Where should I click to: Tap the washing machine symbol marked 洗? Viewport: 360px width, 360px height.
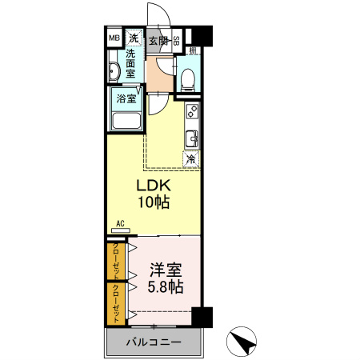(x=134, y=38)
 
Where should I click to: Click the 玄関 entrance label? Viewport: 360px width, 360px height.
(x=157, y=40)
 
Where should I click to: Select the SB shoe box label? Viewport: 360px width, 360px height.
(x=176, y=40)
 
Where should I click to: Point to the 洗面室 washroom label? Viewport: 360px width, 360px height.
(x=135, y=64)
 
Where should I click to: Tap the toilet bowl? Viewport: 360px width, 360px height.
(x=186, y=78)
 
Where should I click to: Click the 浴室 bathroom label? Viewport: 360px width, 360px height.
(x=126, y=99)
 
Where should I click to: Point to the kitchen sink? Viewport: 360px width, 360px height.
(x=192, y=137)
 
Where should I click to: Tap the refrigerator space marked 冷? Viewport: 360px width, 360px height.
(x=191, y=158)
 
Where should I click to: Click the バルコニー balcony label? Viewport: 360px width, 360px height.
(x=153, y=343)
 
